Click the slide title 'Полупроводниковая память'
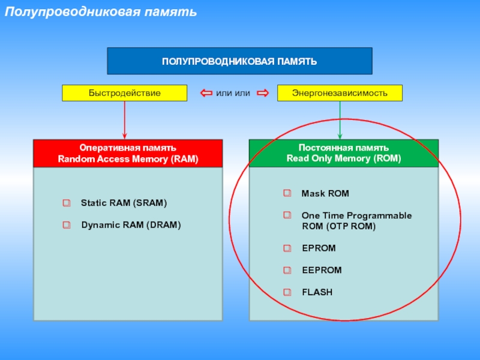[101, 11]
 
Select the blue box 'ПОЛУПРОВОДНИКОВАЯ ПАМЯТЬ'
[239, 61]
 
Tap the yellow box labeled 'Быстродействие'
[125, 93]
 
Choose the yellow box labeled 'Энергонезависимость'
[340, 93]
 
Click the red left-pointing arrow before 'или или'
[206, 93]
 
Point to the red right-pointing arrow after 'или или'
[262, 93]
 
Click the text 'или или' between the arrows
[233, 93]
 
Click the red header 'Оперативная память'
[128, 148]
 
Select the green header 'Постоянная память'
[344, 148]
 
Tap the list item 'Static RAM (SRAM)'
[124, 203]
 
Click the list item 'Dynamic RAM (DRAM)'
[131, 226]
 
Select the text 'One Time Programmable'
[356, 215]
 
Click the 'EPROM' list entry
[319, 248]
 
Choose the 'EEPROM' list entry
[322, 270]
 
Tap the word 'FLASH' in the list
[317, 292]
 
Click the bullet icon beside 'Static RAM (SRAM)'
[67, 203]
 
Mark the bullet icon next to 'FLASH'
[287, 292]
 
